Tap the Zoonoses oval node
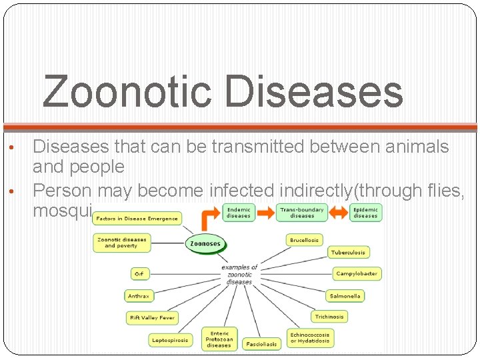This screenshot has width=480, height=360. pyautogui.click(x=205, y=244)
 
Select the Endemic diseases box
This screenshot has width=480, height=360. pyautogui.click(x=239, y=213)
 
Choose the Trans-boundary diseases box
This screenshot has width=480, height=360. pyautogui.click(x=301, y=213)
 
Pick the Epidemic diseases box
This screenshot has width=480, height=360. pyautogui.click(x=365, y=213)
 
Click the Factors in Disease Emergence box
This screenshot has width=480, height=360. pyautogui.click(x=137, y=219)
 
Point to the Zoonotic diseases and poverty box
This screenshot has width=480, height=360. pyautogui.click(x=122, y=243)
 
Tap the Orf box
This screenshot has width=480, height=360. pyautogui.click(x=139, y=274)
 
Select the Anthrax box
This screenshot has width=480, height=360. pyautogui.click(x=139, y=296)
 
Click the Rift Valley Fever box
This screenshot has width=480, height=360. pyautogui.click(x=152, y=318)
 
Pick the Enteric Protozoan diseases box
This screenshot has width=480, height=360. pyautogui.click(x=219, y=339)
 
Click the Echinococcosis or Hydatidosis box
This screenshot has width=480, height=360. pyautogui.click(x=309, y=338)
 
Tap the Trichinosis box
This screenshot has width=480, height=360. pyautogui.click(x=329, y=317)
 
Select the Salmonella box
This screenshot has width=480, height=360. pyautogui.click(x=345, y=295)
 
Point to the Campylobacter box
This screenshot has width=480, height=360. pyautogui.click(x=357, y=273)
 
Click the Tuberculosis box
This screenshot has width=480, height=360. pyautogui.click(x=347, y=253)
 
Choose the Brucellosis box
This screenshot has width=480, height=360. pyautogui.click(x=305, y=239)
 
